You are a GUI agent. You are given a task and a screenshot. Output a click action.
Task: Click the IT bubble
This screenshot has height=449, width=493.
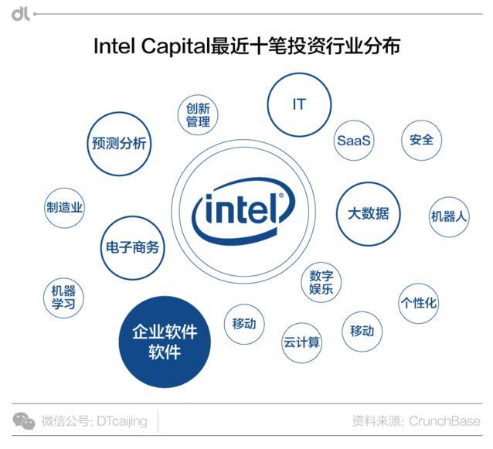[x=299, y=104]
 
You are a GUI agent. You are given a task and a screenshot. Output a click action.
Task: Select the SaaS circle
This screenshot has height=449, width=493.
[x=354, y=140]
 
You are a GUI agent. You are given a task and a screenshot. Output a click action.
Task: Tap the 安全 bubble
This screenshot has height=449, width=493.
[x=421, y=140]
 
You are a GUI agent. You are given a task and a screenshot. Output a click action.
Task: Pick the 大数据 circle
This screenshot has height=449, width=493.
[x=369, y=214]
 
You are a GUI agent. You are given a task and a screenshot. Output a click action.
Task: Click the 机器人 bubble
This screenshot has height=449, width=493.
[x=449, y=216]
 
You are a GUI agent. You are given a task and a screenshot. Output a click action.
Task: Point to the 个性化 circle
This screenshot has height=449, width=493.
[x=419, y=303]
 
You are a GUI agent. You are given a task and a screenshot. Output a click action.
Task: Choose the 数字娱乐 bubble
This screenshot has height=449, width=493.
[x=321, y=282]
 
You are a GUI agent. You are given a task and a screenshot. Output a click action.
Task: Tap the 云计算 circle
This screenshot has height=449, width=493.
[x=301, y=342]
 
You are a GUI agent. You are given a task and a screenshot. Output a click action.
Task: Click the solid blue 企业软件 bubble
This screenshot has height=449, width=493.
[x=165, y=342]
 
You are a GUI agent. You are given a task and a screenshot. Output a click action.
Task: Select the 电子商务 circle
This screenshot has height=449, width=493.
[x=133, y=248]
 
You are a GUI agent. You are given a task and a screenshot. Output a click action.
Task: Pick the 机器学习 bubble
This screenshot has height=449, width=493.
[x=63, y=298]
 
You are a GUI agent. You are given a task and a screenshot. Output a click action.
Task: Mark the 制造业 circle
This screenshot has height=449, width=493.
[x=64, y=208]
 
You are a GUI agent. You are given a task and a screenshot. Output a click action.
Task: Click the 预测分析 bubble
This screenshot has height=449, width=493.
[x=119, y=144]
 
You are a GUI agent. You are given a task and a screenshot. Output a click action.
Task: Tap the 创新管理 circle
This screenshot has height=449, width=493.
[x=198, y=115]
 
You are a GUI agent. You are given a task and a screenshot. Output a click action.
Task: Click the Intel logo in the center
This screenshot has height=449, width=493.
[x=243, y=211]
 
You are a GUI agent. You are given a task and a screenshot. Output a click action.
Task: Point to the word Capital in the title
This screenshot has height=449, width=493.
[x=175, y=46]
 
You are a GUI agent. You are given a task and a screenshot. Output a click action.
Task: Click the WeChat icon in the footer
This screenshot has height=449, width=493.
[x=24, y=421]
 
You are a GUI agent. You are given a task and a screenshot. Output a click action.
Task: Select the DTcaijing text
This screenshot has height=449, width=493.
[x=122, y=421]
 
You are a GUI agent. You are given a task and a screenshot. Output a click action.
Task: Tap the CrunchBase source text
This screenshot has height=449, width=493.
[x=444, y=421]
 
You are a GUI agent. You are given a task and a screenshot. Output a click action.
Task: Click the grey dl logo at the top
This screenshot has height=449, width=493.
[x=20, y=14]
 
